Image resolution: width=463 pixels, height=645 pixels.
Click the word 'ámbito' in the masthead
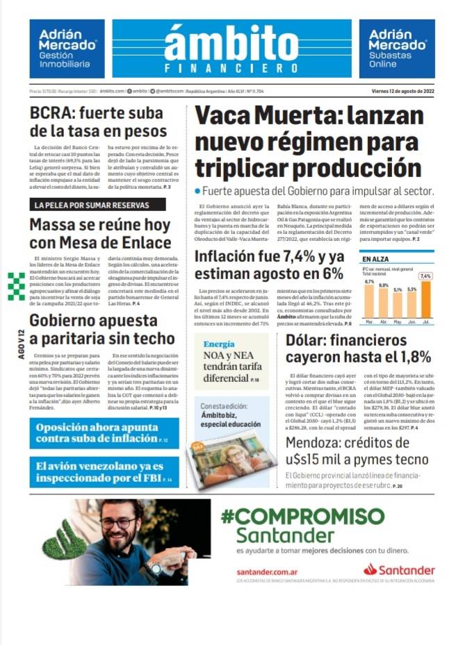[x=231, y=43]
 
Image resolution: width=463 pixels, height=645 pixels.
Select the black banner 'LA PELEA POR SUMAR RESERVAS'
[x=98, y=205]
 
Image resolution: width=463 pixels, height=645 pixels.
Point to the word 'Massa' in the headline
[x=52, y=226]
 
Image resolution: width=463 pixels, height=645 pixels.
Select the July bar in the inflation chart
[x=425, y=299]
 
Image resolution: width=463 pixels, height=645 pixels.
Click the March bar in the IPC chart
[x=369, y=302]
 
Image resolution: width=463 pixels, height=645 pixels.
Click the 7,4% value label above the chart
[x=425, y=276]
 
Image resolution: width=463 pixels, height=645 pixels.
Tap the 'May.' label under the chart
[x=397, y=322]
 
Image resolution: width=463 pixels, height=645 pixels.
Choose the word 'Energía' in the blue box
[x=219, y=344]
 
